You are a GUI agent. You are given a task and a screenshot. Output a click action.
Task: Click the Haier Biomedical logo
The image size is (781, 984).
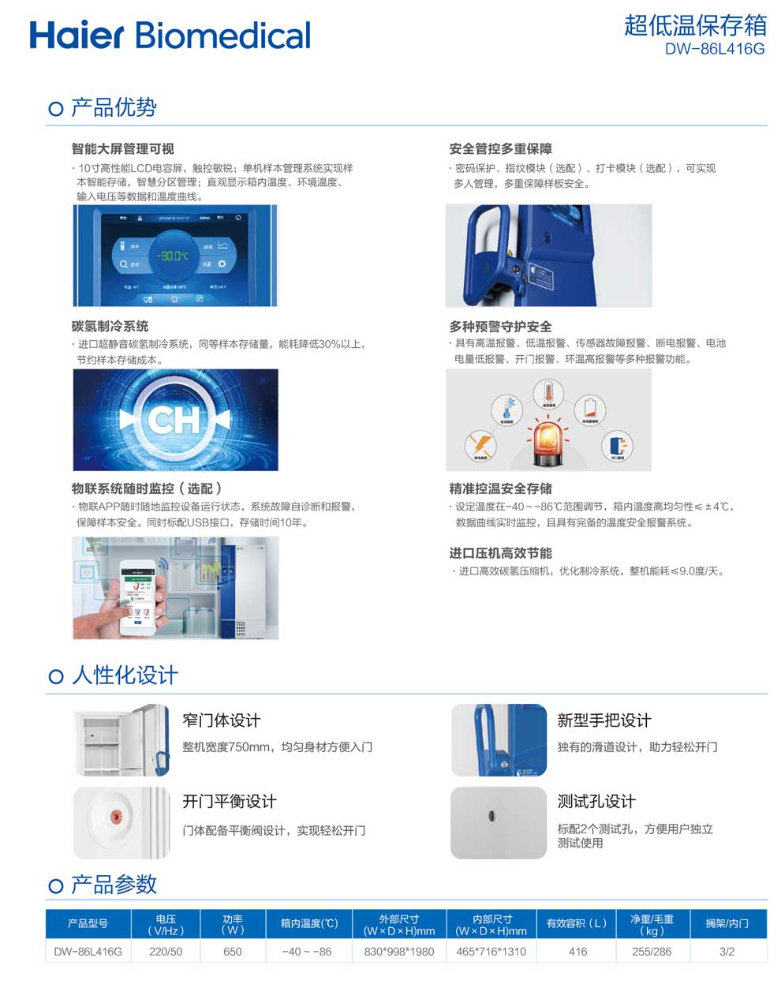[x=170, y=36]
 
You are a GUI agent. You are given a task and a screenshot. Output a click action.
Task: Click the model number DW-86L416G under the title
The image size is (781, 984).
[x=714, y=49]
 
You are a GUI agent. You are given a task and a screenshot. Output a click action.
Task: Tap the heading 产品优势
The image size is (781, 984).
[x=114, y=107]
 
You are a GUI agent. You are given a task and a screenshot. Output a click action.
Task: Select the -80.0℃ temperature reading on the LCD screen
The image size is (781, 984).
[x=174, y=256]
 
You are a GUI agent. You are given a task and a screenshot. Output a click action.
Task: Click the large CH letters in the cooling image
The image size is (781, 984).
[x=174, y=420]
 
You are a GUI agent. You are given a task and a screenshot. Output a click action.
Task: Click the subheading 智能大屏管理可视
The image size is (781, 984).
[x=122, y=148]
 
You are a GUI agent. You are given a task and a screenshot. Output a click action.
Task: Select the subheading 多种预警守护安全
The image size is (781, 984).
[x=500, y=326]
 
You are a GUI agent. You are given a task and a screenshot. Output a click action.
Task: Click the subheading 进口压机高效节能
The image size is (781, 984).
[x=500, y=553]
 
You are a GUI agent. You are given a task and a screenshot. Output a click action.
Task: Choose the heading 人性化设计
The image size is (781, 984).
[x=125, y=675]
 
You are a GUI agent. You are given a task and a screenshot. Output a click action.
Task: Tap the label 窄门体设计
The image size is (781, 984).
[x=221, y=720]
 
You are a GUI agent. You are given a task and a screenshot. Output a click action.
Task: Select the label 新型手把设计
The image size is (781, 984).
[x=603, y=720]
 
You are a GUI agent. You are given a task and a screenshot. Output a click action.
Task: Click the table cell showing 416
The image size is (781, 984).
[x=577, y=952]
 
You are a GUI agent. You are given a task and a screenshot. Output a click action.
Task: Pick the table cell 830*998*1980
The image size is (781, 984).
[x=399, y=952]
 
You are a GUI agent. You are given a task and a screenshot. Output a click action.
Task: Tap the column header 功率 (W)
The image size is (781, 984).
[x=233, y=924]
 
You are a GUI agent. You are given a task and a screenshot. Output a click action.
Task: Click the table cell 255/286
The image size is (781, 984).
[x=652, y=952]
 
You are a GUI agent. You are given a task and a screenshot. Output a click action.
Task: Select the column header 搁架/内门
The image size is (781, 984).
[x=727, y=923]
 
